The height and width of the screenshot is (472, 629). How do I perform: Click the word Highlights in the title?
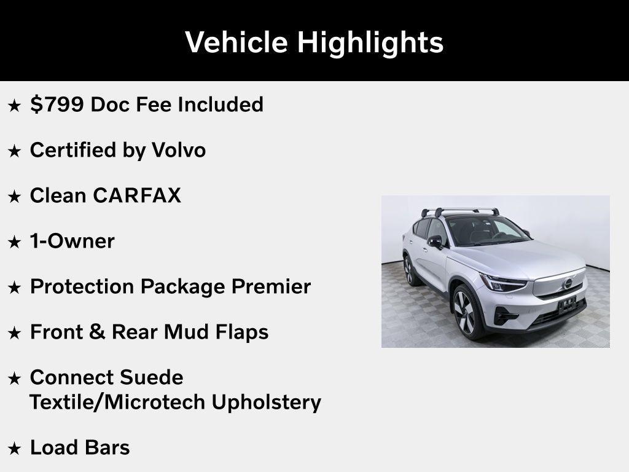(x=370, y=42)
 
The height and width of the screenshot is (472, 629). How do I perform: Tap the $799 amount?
(x=57, y=104)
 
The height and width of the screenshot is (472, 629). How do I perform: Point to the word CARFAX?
(x=137, y=195)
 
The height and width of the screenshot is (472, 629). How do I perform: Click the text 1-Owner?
(x=72, y=241)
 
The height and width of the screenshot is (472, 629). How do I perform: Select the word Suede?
(x=152, y=377)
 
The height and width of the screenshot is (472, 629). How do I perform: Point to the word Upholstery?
(x=266, y=402)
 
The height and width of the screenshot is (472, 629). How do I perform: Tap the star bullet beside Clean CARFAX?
(x=14, y=197)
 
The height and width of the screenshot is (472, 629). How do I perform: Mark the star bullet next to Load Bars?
(x=14, y=449)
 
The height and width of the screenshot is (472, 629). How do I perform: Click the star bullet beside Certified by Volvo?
(x=14, y=151)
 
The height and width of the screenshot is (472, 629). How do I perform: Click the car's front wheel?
(x=465, y=310)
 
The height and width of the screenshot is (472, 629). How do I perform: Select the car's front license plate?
(x=566, y=304)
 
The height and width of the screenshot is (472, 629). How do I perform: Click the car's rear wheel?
(x=408, y=270)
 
